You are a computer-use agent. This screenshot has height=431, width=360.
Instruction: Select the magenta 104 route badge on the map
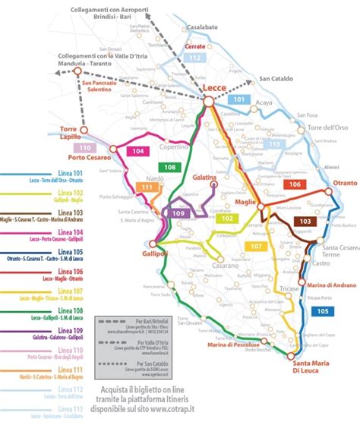[137, 152]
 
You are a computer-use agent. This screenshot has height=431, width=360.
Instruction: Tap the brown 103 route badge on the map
[305, 221]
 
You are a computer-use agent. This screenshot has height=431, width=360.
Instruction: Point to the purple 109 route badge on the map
[178, 213]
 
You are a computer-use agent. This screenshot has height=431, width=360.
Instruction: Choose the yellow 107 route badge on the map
[257, 246]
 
